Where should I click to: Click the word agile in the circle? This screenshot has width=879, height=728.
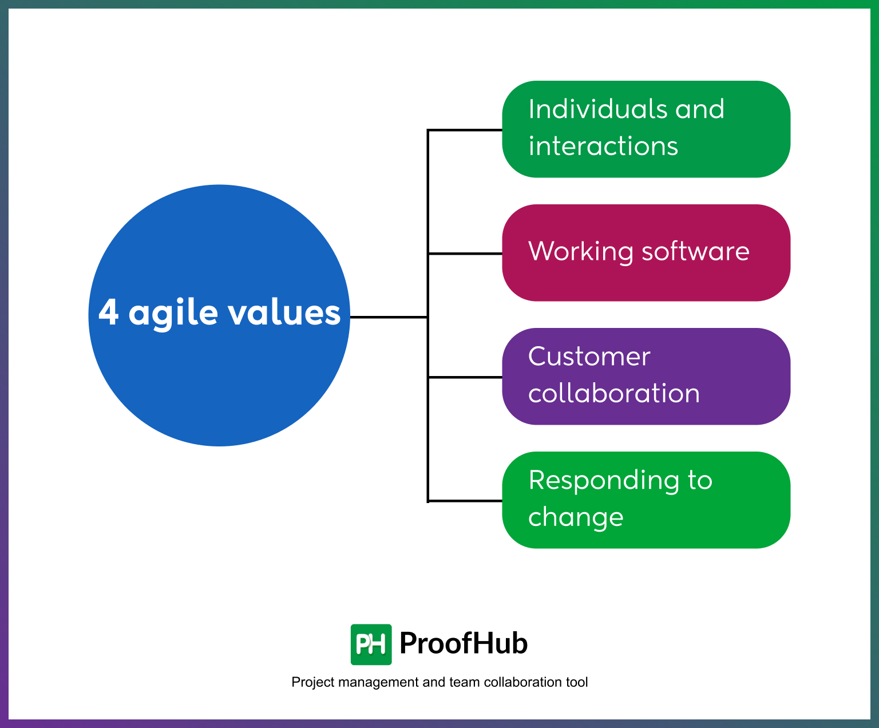[x=173, y=314]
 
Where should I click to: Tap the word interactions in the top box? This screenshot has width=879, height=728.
[x=603, y=146]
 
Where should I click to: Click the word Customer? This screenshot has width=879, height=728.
[x=589, y=357]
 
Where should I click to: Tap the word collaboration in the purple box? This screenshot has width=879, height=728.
[x=613, y=393]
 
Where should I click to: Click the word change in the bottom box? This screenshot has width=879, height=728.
[x=575, y=517]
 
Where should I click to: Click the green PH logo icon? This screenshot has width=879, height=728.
[x=371, y=644]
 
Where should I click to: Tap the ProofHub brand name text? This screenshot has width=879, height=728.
[x=463, y=643]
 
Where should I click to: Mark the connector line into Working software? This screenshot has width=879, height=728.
[x=465, y=253]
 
